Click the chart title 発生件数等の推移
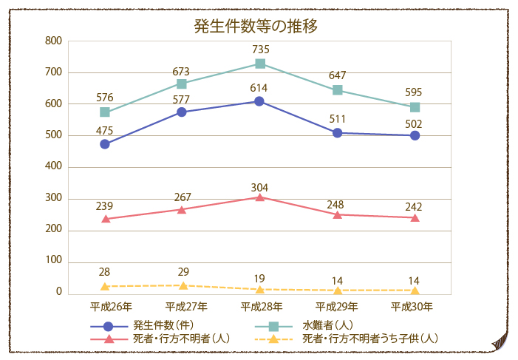[256, 27]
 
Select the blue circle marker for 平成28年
[259, 101]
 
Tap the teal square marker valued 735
[260, 64]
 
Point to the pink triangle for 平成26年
[105, 219]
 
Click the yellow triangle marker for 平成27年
[183, 285]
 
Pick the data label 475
[105, 131]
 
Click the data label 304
[259, 187]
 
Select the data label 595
[414, 92]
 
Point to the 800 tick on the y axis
[53, 41]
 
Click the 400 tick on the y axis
[53, 167]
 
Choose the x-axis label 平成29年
[337, 306]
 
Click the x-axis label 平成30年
[413, 306]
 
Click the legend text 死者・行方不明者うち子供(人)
[370, 339]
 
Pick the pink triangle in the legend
[109, 339]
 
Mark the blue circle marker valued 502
[415, 135]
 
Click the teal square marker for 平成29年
[338, 90]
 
